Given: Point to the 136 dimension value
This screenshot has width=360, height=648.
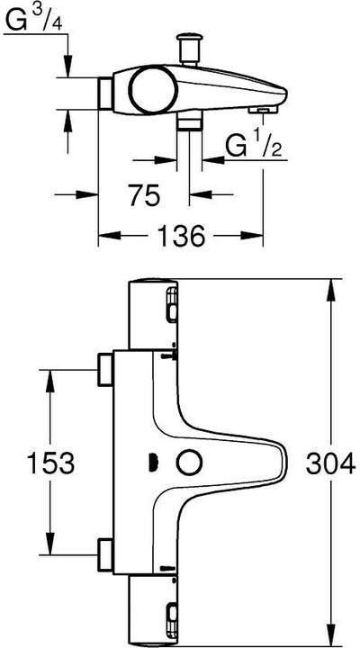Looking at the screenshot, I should (x=180, y=236).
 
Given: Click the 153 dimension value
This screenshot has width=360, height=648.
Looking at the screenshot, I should (x=48, y=463).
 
